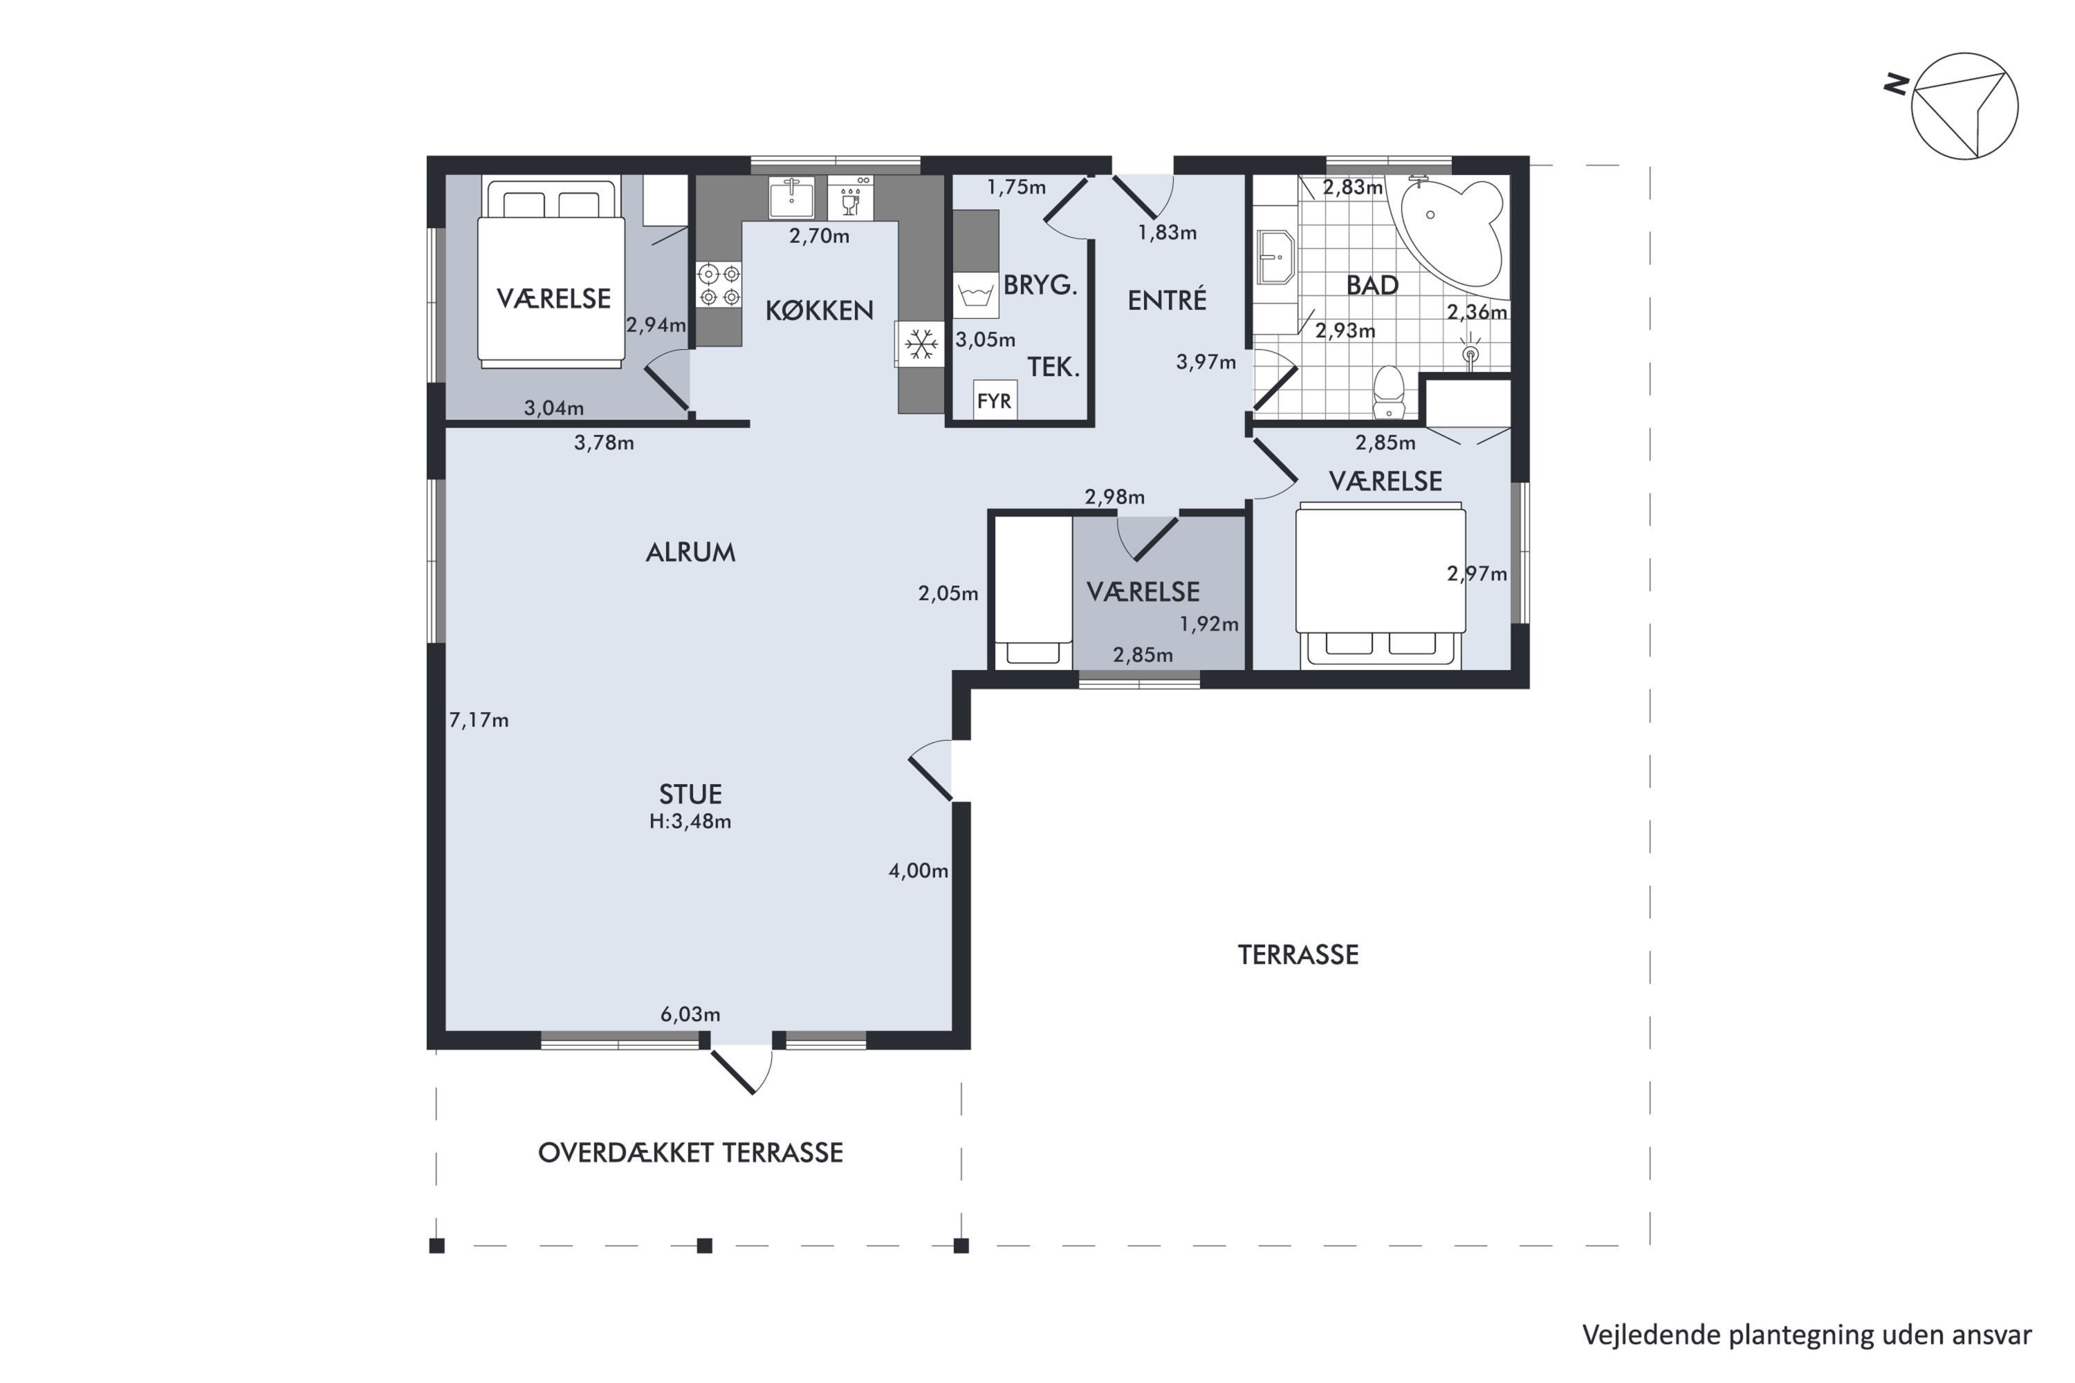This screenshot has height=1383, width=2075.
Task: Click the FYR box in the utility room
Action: point(995,401)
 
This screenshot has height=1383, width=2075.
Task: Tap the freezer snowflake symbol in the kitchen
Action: point(921,344)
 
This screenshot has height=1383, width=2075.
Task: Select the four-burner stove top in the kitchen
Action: point(719,285)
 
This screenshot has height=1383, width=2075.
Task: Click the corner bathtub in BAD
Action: point(1447,231)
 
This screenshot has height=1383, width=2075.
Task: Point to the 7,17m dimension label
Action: point(479,721)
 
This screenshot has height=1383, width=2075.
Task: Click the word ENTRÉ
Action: point(1166,300)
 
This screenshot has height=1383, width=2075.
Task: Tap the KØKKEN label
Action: point(819,310)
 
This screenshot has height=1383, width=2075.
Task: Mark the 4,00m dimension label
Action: point(918,871)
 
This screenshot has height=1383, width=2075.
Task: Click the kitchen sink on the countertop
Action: point(791,198)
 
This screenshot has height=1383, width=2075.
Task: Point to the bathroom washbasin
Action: point(1275,257)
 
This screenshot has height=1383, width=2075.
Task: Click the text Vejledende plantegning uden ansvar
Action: point(1807,1335)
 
